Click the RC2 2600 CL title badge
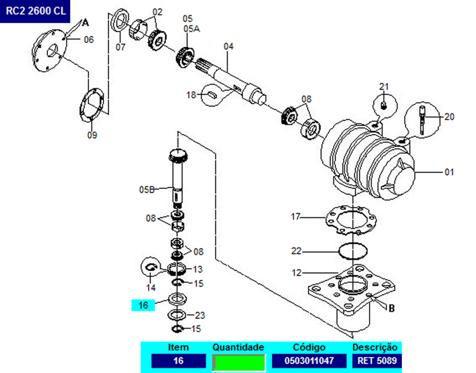35,12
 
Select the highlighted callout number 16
143,305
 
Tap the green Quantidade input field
239,362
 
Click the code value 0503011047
309,361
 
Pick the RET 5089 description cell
377,361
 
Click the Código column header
309,348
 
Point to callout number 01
449,172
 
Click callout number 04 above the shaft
229,47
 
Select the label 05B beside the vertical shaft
146,189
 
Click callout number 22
296,251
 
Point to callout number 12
296,273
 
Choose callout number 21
384,87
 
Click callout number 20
449,117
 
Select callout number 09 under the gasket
92,135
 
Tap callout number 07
120,47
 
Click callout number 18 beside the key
192,95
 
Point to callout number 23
200,315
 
